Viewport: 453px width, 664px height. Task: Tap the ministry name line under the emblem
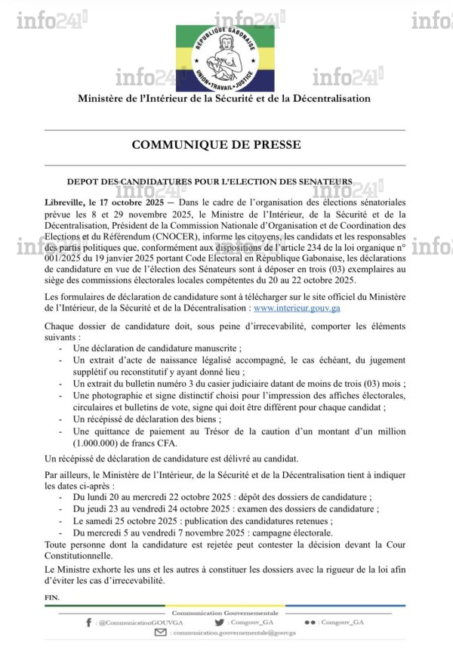point(224,98)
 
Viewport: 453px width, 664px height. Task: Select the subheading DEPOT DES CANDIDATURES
point(209,181)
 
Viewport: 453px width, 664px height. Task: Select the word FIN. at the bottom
point(53,597)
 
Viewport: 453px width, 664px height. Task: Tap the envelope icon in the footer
point(160,633)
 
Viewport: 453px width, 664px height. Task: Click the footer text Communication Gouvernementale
point(226,612)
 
